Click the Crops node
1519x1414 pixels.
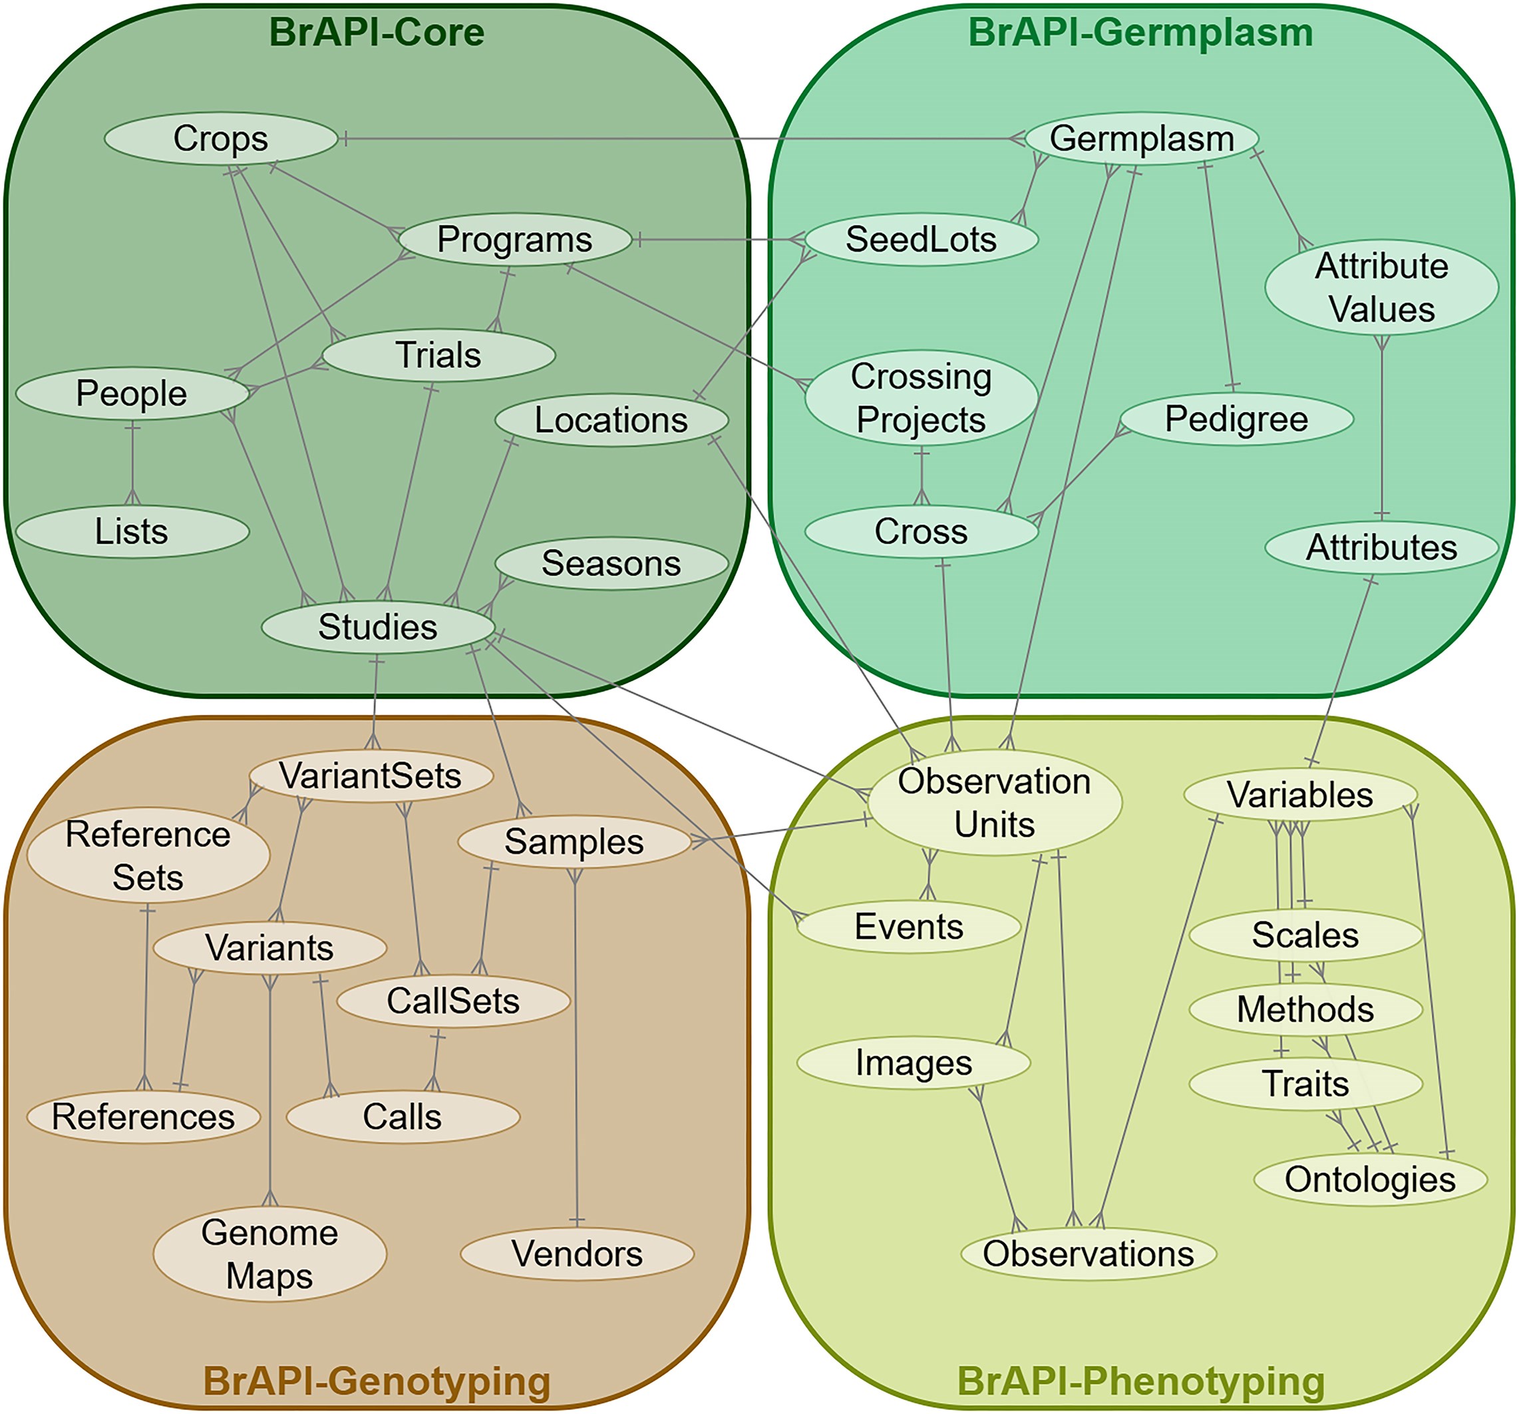point(221,139)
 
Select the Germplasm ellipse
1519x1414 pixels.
point(1142,139)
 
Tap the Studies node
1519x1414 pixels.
point(377,626)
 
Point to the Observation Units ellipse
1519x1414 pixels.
point(994,803)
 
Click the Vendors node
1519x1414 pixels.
point(577,1254)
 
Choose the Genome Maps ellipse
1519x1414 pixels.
point(269,1254)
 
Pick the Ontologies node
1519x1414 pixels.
point(1370,1178)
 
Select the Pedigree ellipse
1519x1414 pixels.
point(1236,419)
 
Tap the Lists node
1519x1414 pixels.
point(132,531)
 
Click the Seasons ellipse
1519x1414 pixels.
point(611,563)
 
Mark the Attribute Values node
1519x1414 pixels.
point(1381,288)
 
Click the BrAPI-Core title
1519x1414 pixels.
point(377,32)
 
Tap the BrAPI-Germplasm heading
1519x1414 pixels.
point(1141,32)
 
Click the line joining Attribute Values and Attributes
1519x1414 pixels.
point(1381,428)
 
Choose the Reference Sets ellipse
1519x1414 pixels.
point(148,855)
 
